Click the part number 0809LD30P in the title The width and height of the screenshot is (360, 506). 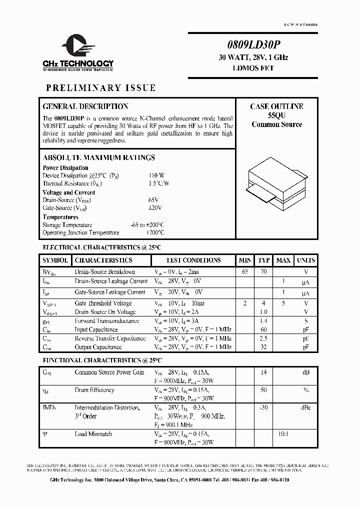(x=253, y=44)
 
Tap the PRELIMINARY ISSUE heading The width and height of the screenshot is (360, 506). (x=100, y=88)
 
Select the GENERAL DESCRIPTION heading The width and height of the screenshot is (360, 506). (x=85, y=106)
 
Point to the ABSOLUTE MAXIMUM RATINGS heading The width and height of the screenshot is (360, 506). (x=98, y=157)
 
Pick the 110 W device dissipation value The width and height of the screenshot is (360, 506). (x=156, y=175)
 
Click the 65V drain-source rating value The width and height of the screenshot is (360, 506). (x=154, y=200)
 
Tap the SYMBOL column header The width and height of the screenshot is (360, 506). (x=55, y=260)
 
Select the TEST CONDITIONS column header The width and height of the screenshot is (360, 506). (x=193, y=260)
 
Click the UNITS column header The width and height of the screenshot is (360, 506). (x=305, y=260)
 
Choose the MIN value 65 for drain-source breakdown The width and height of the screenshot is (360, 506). (x=245, y=272)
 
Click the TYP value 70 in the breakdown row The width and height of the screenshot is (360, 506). (x=263, y=272)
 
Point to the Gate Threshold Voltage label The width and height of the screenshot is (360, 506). (x=103, y=303)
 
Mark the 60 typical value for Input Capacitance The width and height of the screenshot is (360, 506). (x=263, y=329)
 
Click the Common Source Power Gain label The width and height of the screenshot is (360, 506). (x=109, y=372)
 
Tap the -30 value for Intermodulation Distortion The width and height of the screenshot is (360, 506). (x=263, y=408)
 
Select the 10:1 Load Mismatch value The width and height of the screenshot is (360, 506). (x=283, y=434)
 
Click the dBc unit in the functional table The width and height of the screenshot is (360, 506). (x=305, y=408)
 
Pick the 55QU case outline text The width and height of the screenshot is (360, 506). (x=276, y=115)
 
